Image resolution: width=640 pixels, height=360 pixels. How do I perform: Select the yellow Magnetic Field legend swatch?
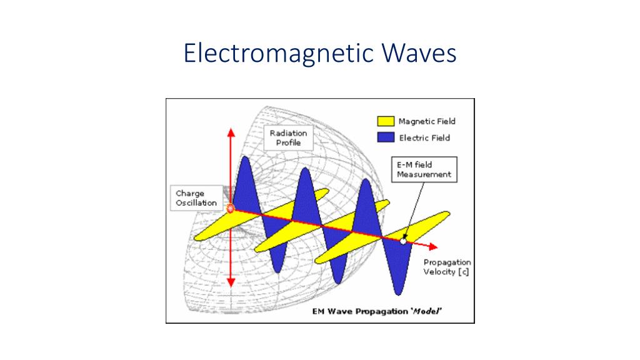tap(385, 121)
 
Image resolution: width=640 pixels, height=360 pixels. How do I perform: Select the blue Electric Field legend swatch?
tap(385, 137)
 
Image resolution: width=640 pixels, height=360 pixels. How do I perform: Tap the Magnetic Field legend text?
tap(427, 121)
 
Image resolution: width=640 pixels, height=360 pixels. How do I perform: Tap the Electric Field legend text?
tap(424, 138)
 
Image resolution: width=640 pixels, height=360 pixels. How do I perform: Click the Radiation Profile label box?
tap(288, 137)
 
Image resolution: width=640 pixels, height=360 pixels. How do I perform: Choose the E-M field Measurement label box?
tap(424, 169)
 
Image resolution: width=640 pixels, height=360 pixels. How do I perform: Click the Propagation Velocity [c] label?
tap(447, 267)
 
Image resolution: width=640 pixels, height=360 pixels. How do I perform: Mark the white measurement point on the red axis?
tap(404, 241)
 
